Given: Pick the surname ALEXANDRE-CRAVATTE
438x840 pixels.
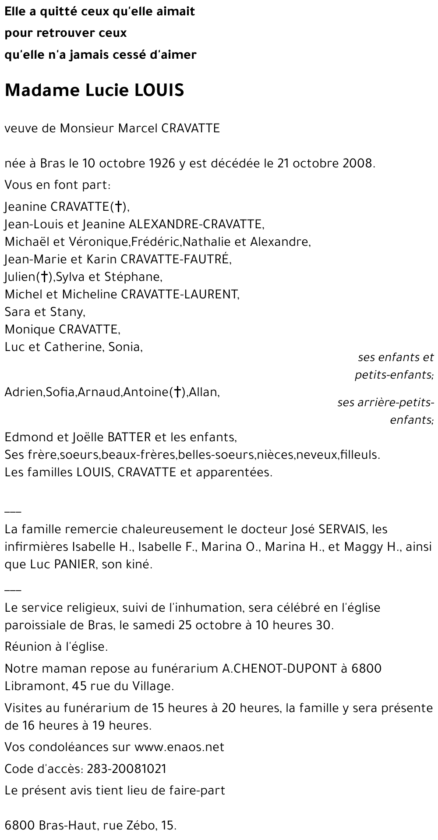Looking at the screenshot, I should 196,224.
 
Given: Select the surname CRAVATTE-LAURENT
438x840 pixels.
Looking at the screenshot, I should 180,294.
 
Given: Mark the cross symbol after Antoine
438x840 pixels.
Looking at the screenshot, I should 177,392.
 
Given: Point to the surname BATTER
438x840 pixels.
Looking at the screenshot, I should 129,437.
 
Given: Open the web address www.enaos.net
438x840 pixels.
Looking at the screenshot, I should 180,747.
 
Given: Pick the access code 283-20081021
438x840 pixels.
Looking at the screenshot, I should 127,769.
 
